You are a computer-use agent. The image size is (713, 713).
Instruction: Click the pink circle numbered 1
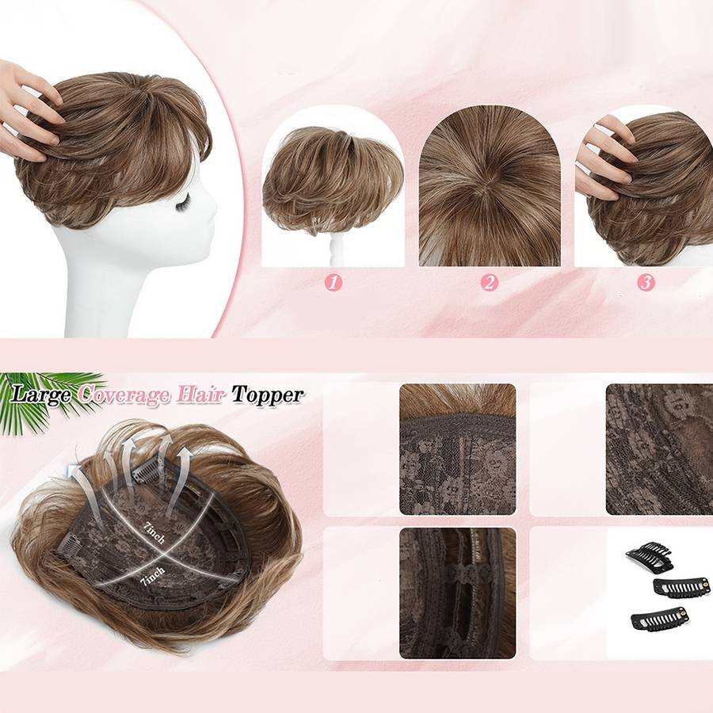click(x=334, y=283)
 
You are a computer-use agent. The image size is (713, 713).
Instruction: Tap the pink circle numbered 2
click(x=490, y=283)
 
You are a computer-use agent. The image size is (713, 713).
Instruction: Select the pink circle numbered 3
click(x=646, y=283)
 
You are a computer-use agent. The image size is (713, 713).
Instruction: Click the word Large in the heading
click(x=41, y=395)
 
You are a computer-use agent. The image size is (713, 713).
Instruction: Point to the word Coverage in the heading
click(x=123, y=395)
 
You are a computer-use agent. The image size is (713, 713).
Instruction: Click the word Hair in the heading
click(x=199, y=394)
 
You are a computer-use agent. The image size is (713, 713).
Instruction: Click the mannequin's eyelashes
click(x=183, y=201)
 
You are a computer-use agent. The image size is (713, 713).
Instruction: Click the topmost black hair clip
click(x=650, y=555)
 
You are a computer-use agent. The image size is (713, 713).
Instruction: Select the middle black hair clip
click(x=681, y=588)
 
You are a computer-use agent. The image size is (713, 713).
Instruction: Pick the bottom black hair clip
click(x=659, y=619)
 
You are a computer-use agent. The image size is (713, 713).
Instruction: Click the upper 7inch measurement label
click(x=154, y=533)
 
